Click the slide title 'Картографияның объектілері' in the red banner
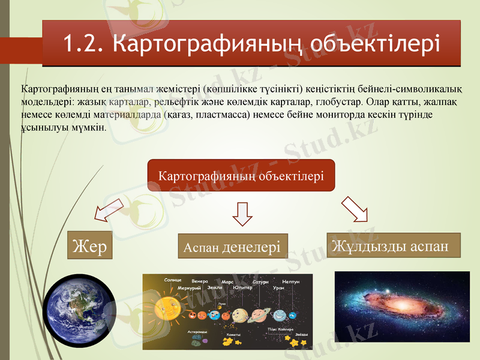pyautogui.click(x=276, y=43)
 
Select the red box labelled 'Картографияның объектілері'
pyautogui.click(x=241, y=176)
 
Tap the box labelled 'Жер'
pyautogui.click(x=89, y=245)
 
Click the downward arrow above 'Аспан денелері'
pyautogui.click(x=242, y=213)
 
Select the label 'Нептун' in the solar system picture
pyautogui.click(x=290, y=281)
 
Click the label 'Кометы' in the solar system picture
pyautogui.click(x=233, y=335)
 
